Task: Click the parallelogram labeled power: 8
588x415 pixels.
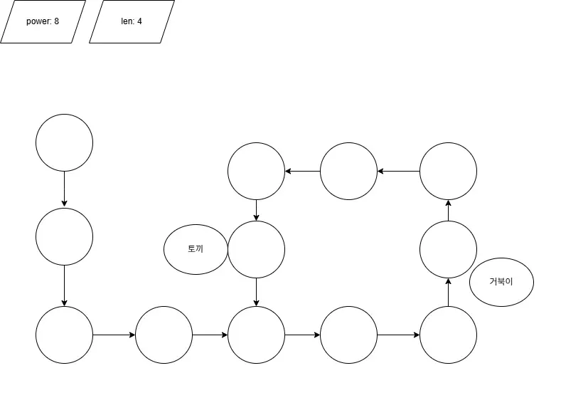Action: pyautogui.click(x=43, y=21)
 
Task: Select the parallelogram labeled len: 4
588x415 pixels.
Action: pyautogui.click(x=132, y=21)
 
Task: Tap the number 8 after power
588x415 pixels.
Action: pyautogui.click(x=56, y=21)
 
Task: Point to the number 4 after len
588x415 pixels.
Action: pyautogui.click(x=139, y=21)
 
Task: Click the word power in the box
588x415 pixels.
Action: pyautogui.click(x=38, y=21)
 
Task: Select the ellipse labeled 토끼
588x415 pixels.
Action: pyautogui.click(x=196, y=249)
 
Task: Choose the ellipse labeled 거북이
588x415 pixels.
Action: pyautogui.click(x=501, y=281)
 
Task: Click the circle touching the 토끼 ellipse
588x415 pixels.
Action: pyautogui.click(x=256, y=249)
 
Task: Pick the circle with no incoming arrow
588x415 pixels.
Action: pyautogui.click(x=64, y=142)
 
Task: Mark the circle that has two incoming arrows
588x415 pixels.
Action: pyautogui.click(x=256, y=335)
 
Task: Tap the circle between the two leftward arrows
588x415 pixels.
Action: pyautogui.click(x=348, y=171)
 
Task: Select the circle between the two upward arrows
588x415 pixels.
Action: pyautogui.click(x=448, y=249)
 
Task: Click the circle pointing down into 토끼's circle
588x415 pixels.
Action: pyautogui.click(x=256, y=171)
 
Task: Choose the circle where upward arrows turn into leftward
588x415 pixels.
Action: pyautogui.click(x=448, y=171)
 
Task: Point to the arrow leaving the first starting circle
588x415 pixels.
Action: pyautogui.click(x=64, y=189)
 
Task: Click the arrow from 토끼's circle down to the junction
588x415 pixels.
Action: pyautogui.click(x=256, y=292)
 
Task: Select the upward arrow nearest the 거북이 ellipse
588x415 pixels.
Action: pyautogui.click(x=448, y=292)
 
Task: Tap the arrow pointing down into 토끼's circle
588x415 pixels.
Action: pyautogui.click(x=256, y=210)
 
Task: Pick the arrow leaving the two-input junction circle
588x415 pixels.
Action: pyautogui.click(x=302, y=335)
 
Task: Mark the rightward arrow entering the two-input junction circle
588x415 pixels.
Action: pyautogui.click(x=210, y=335)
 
